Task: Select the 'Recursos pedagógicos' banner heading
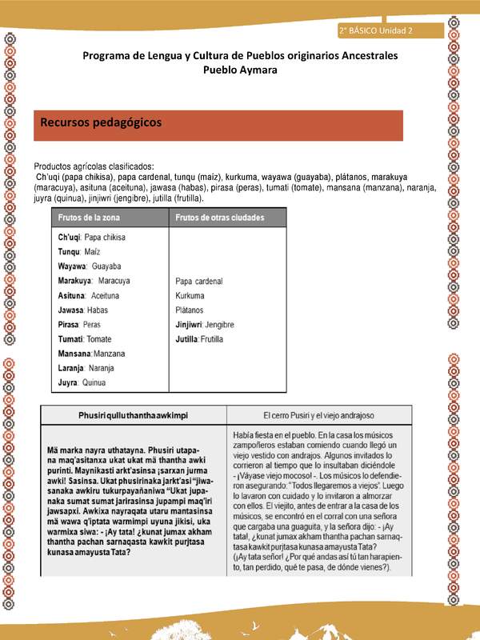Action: coord(101,123)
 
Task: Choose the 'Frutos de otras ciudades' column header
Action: coord(220,218)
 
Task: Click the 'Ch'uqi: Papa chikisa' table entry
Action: coord(92,238)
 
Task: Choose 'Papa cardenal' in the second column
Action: coord(198,282)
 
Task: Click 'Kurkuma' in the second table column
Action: coord(190,296)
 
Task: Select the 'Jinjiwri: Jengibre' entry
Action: coord(205,326)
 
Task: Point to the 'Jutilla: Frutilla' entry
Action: coord(199,340)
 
